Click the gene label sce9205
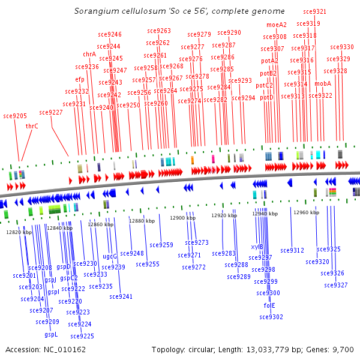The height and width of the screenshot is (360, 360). pyautogui.click(x=15, y=116)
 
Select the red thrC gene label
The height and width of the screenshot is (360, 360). pyautogui.click(x=32, y=126)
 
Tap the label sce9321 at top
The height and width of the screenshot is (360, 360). pyautogui.click(x=315, y=11)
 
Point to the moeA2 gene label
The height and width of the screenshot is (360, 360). pyautogui.click(x=277, y=25)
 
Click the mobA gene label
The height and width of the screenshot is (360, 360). pyautogui.click(x=323, y=83)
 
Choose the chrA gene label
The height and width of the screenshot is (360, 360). pyautogui.click(x=89, y=54)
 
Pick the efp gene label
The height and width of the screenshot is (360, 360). pyautogui.click(x=80, y=79)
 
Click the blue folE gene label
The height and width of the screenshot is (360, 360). pyautogui.click(x=269, y=305)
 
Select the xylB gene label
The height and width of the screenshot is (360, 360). pyautogui.click(x=257, y=247)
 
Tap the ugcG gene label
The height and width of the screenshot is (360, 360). pyautogui.click(x=110, y=256)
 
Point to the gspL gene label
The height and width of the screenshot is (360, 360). pyautogui.click(x=51, y=334)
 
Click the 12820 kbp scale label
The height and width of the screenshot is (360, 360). pyautogui.click(x=19, y=232)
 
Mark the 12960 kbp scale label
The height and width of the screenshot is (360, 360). pyautogui.click(x=306, y=212)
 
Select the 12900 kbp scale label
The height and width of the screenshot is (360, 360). pyautogui.click(x=182, y=218)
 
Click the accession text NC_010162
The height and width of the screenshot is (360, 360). pyautogui.click(x=45, y=349)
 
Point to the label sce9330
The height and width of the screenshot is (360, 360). pyautogui.click(x=342, y=47)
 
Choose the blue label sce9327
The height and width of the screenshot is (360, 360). pyautogui.click(x=336, y=285)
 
